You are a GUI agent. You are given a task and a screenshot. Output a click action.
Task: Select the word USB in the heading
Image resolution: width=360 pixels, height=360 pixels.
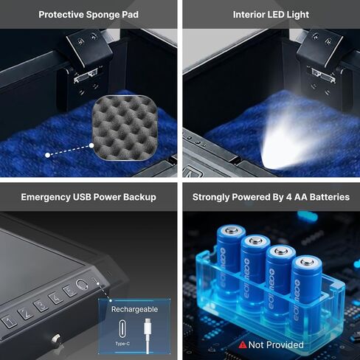pyautogui.click(x=82, y=197)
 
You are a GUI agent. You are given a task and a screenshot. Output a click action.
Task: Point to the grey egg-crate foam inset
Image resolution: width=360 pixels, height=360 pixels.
pyautogui.click(x=125, y=128)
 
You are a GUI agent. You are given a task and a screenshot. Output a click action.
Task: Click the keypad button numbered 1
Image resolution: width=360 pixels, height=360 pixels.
pyautogui.click(x=10, y=322)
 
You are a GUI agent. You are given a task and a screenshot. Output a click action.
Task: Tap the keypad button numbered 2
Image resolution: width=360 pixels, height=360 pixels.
pyautogui.click(x=26, y=314)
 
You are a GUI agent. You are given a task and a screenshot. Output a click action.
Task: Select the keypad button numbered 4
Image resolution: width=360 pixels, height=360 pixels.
pyautogui.click(x=56, y=298)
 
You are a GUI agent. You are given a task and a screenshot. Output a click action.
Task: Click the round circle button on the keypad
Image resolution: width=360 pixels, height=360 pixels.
pyautogui.click(x=82, y=284)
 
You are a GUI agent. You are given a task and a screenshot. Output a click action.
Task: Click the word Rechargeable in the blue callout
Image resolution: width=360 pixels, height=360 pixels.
pyautogui.click(x=134, y=309)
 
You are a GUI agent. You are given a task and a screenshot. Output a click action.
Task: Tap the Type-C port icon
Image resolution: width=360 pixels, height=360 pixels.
pyautogui.click(x=122, y=328)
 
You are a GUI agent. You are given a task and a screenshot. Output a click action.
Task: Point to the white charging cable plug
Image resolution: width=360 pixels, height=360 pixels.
pyautogui.click(x=148, y=327)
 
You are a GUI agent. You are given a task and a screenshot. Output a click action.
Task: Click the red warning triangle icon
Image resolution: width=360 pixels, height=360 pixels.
pyautogui.click(x=243, y=345)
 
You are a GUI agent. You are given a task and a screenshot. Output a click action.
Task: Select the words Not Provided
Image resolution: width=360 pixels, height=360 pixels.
pyautogui.click(x=276, y=345)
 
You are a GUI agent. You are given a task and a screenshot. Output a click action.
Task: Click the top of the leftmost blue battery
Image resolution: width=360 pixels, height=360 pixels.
pyautogui.click(x=231, y=231)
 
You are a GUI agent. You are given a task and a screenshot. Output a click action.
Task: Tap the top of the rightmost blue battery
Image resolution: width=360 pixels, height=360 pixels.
pyautogui.click(x=307, y=262)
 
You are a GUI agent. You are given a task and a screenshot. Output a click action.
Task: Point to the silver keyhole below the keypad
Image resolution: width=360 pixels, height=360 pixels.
pyautogui.click(x=56, y=339)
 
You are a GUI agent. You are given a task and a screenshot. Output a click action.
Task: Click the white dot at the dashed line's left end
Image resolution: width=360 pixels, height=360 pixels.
pyautogui.click(x=48, y=155)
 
